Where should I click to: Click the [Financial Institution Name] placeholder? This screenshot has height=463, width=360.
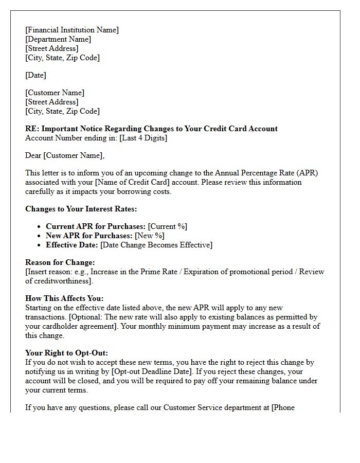point(72,30)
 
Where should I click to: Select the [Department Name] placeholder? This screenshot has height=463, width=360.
point(58,39)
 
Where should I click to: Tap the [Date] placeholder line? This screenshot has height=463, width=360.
point(35,75)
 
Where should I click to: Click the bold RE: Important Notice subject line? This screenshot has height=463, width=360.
point(151,129)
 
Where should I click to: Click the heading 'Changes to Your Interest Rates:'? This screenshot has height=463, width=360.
point(81,209)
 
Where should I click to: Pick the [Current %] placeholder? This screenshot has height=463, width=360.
point(167,226)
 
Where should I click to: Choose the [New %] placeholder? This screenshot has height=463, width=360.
point(150,236)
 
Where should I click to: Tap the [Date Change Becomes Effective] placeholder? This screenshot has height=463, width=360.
point(156,245)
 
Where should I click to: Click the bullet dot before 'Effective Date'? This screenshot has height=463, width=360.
point(40,245)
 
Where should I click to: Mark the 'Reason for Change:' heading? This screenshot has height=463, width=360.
point(60,262)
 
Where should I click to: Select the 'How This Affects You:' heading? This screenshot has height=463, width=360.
point(64,298)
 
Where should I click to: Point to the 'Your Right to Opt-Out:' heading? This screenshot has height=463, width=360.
point(66,353)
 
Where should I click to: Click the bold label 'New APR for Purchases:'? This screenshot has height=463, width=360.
point(89,236)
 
